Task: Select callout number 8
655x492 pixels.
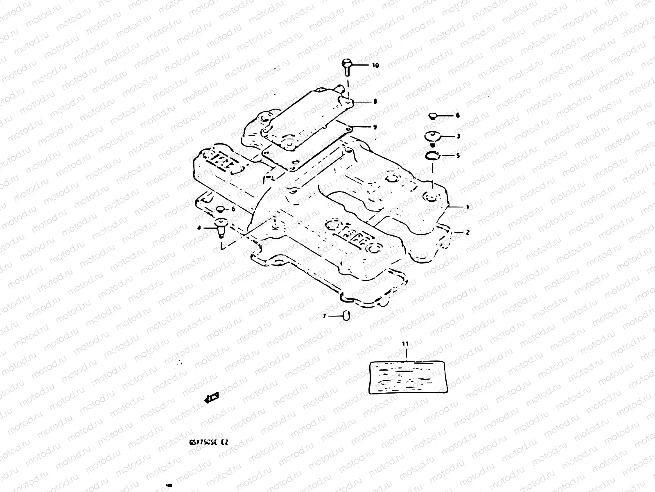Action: [x=375, y=102]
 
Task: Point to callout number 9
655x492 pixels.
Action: [x=375, y=127]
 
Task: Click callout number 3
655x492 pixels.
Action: [x=459, y=136]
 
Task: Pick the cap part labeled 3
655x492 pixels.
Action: [x=432, y=137]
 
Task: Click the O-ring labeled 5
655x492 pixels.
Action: [x=432, y=156]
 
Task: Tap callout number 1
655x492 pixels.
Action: [x=467, y=207]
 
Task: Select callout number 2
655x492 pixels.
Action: [x=468, y=232]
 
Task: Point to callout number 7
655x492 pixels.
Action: [x=324, y=316]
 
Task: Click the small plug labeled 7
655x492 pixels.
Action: [x=347, y=315]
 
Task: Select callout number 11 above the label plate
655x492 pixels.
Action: [x=405, y=344]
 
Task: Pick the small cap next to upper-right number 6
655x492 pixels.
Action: [x=433, y=116]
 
